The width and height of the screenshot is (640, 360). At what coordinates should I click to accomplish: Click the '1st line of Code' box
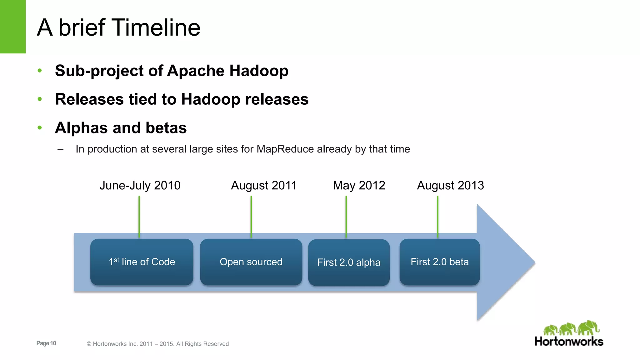click(142, 262)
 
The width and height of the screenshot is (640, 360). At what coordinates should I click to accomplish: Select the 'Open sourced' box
click(251, 262)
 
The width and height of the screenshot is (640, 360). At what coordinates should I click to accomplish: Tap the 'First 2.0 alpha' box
click(349, 262)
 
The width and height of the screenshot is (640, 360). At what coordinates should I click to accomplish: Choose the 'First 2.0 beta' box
click(439, 262)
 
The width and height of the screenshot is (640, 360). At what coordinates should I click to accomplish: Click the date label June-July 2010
click(140, 186)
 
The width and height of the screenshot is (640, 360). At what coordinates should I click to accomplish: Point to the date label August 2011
click(263, 186)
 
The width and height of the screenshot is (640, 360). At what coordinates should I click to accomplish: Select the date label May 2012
click(359, 186)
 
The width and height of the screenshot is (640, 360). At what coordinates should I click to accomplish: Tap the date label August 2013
click(450, 186)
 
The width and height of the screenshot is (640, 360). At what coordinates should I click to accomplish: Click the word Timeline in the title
click(156, 28)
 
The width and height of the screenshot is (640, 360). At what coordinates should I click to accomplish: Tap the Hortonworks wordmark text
click(569, 342)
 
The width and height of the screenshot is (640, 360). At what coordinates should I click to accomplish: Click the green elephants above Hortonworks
click(571, 328)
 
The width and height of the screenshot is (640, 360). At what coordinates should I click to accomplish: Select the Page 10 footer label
click(46, 343)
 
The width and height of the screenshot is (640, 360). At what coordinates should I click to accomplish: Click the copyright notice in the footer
click(157, 344)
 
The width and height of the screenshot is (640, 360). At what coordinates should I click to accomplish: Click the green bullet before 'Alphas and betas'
click(40, 128)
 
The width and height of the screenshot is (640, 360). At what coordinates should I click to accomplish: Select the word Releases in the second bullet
click(89, 99)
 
